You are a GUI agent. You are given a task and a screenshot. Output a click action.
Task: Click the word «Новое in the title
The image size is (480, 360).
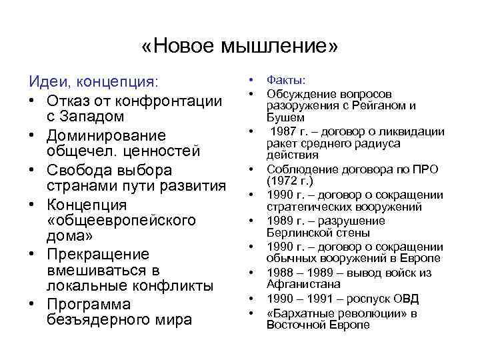(179, 47)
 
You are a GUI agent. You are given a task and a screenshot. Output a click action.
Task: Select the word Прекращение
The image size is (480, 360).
(98, 255)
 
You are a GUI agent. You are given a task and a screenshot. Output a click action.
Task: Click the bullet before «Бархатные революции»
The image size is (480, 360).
(253, 313)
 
